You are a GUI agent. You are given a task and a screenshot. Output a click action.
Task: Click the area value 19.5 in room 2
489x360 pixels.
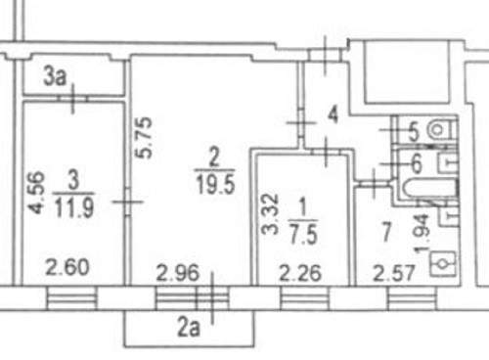[x=215, y=184]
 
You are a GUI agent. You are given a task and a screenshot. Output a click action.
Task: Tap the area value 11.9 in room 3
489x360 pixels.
[x=74, y=207]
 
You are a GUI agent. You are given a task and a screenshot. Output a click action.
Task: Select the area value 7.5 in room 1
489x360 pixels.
[x=303, y=234]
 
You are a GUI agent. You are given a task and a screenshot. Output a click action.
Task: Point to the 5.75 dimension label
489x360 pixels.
[x=144, y=137]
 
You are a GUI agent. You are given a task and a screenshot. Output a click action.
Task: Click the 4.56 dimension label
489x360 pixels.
[x=36, y=193]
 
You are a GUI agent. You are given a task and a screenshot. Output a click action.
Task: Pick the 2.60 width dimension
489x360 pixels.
[x=67, y=267]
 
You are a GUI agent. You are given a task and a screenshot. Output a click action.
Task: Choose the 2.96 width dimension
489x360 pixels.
[x=177, y=273]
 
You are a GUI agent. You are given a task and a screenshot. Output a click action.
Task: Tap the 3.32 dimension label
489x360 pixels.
[x=271, y=214]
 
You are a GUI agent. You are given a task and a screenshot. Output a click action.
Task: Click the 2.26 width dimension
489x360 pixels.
[x=300, y=273]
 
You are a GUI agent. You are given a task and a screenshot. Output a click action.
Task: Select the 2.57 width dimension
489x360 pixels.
[x=394, y=273]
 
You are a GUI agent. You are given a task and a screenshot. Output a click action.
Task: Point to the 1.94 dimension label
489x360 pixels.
[x=422, y=234]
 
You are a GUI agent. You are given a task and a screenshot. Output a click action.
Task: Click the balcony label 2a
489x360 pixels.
[x=189, y=328]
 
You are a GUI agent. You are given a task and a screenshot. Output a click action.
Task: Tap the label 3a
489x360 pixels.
[x=55, y=77]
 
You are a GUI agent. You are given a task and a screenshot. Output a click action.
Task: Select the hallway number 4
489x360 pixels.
[x=333, y=114]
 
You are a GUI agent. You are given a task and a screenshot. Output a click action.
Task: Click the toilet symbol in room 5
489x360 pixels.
[x=441, y=129]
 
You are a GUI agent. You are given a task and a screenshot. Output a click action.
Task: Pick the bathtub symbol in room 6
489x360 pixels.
[x=429, y=188]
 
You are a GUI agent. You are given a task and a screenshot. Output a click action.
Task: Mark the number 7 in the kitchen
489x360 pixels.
[x=386, y=232]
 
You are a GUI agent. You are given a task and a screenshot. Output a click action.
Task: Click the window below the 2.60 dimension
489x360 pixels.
[x=71, y=297]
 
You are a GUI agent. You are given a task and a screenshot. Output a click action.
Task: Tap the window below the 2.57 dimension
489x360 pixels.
[x=412, y=297]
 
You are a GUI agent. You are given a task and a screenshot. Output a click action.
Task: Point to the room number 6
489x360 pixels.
[x=417, y=163]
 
